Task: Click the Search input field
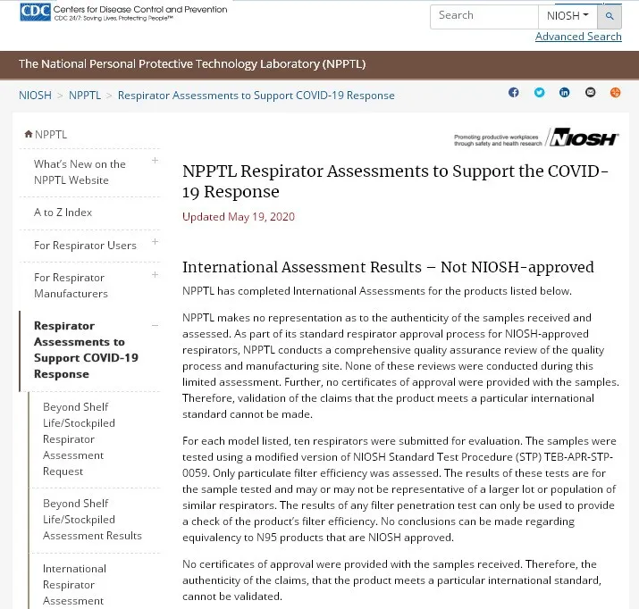pyautogui.click(x=483, y=16)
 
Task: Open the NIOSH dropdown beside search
pyautogui.click(x=568, y=16)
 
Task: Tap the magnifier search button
pyautogui.click(x=610, y=16)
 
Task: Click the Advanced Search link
pyautogui.click(x=578, y=37)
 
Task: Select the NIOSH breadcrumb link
pyautogui.click(x=35, y=95)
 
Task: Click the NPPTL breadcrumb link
pyautogui.click(x=85, y=95)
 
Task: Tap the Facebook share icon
pyautogui.click(x=514, y=93)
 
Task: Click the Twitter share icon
pyautogui.click(x=539, y=93)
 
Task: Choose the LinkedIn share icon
pyautogui.click(x=565, y=93)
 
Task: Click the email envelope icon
pyautogui.click(x=590, y=93)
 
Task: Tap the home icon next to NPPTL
pyautogui.click(x=29, y=135)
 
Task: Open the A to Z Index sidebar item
pyautogui.click(x=63, y=213)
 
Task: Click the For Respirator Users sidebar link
pyautogui.click(x=85, y=245)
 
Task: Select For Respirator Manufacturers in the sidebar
pyautogui.click(x=71, y=285)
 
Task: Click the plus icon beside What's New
pyautogui.click(x=155, y=161)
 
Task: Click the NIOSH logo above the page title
pyautogui.click(x=582, y=138)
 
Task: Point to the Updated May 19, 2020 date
pyautogui.click(x=239, y=217)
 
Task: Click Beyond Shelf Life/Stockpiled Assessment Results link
pyautogui.click(x=92, y=519)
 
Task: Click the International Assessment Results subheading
pyautogui.click(x=388, y=267)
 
